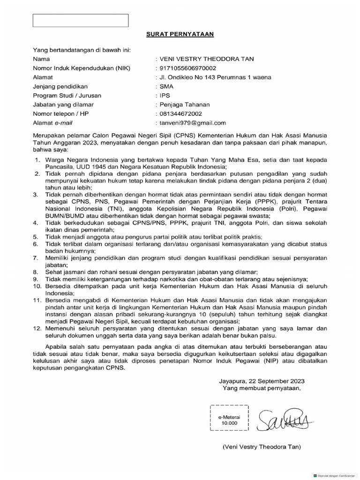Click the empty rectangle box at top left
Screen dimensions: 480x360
click(x=80, y=21)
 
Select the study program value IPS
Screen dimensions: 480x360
click(x=165, y=96)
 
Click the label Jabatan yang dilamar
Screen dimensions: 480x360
click(x=63, y=105)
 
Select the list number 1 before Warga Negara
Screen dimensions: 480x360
click(x=37, y=160)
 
